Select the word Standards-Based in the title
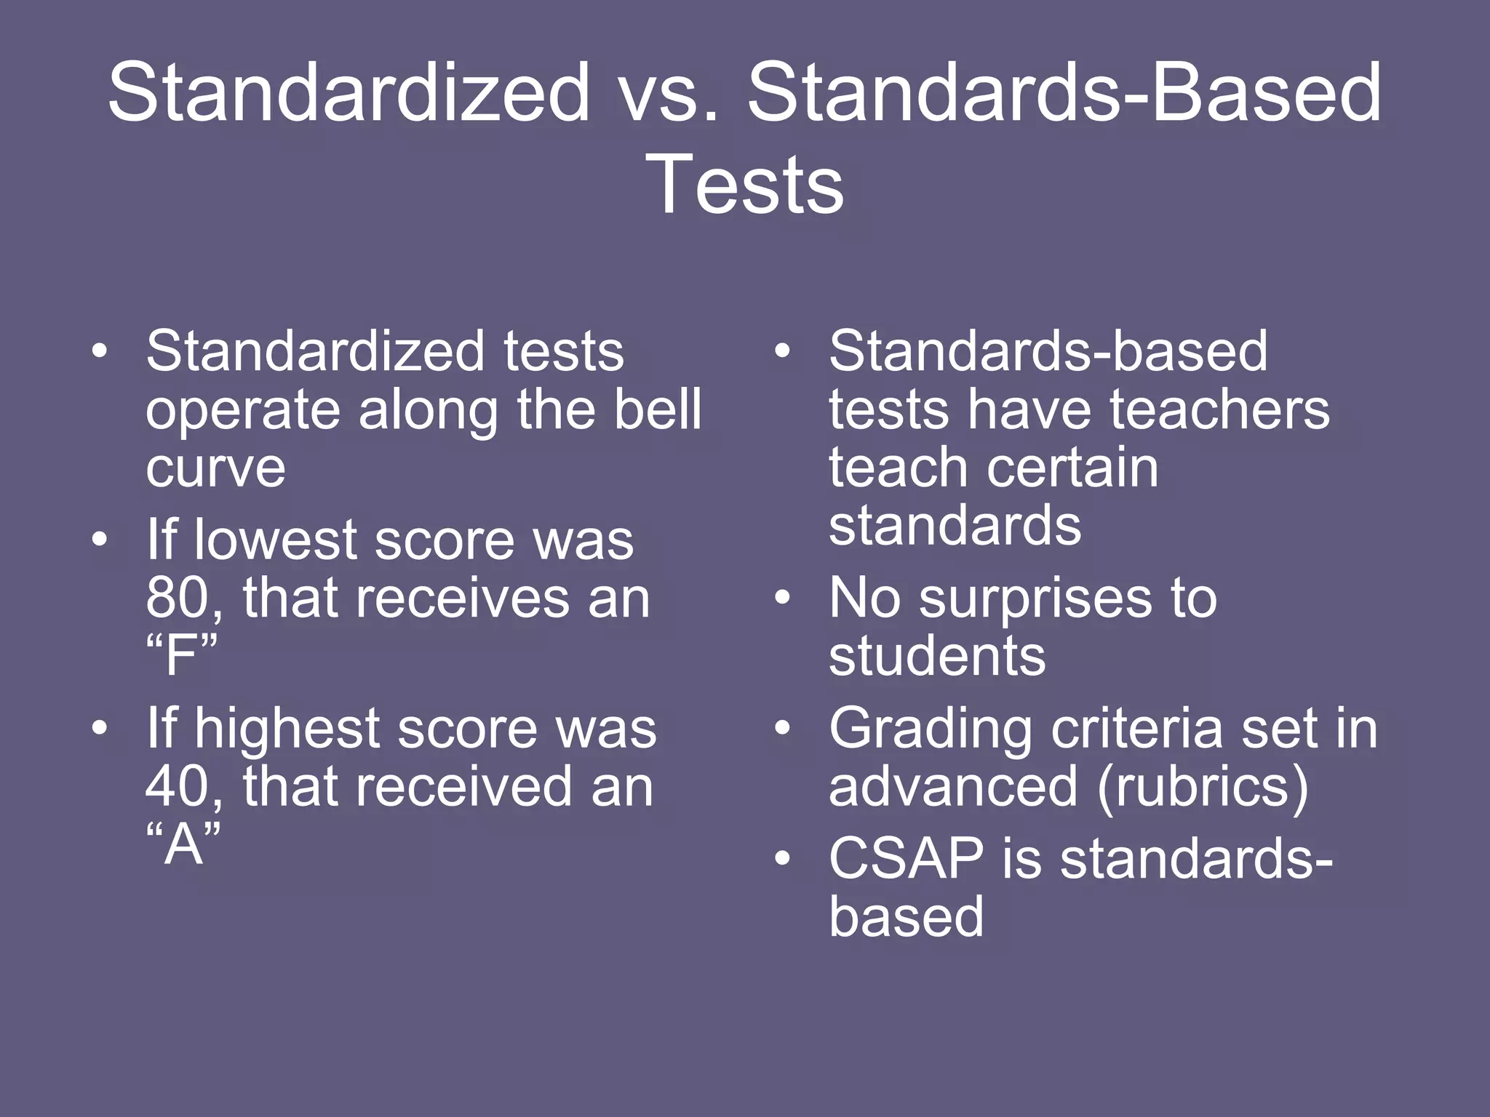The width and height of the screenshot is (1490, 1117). pos(1064,93)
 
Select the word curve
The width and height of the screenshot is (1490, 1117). pos(215,468)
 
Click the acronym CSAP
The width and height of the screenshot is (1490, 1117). pos(906,859)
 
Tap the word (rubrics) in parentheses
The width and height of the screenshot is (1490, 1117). pos(1202,787)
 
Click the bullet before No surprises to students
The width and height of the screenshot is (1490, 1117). pos(782,598)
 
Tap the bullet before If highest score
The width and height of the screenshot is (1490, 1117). pos(100,728)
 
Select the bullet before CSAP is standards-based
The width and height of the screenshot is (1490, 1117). pos(782,858)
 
